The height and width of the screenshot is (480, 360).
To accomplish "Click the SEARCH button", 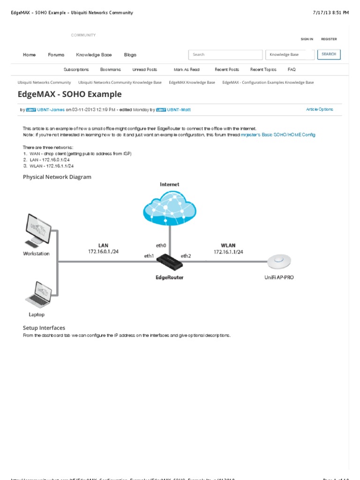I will click(x=329, y=54).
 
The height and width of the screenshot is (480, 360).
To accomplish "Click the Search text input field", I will click(x=225, y=55).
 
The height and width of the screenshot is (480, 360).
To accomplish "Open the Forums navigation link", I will click(x=56, y=55).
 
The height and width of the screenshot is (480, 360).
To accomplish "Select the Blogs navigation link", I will click(x=130, y=55).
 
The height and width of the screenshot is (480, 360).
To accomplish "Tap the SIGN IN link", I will click(x=307, y=39).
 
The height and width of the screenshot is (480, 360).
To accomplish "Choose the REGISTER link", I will click(x=329, y=39).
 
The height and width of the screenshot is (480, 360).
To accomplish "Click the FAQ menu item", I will click(x=292, y=69).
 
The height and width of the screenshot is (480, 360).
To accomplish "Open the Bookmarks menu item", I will click(x=111, y=69).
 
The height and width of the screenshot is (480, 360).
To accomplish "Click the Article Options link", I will click(x=320, y=109).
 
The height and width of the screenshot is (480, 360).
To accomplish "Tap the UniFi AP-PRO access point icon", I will click(x=279, y=260).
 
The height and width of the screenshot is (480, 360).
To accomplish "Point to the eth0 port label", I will click(x=161, y=245).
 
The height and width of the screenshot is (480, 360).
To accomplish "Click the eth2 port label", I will click(x=186, y=256).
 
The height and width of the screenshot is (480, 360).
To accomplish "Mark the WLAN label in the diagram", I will click(x=228, y=245).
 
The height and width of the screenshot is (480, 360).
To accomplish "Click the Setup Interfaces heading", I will click(x=44, y=328).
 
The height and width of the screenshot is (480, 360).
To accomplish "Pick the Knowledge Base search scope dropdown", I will click(x=289, y=55).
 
